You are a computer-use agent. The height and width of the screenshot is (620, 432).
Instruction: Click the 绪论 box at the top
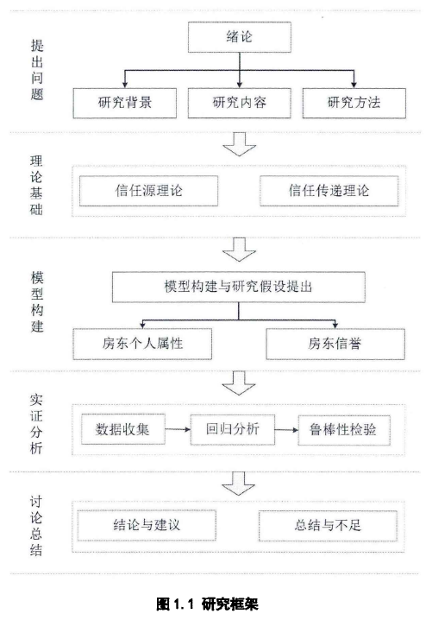(x=240, y=37)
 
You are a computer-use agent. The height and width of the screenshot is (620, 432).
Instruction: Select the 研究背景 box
(x=124, y=104)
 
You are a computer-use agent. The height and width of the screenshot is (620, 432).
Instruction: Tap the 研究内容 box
(x=240, y=104)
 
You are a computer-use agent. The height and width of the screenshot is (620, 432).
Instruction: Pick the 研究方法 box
(x=354, y=104)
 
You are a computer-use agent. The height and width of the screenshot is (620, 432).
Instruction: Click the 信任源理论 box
(x=148, y=191)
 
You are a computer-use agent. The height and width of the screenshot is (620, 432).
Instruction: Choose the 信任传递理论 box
(x=329, y=191)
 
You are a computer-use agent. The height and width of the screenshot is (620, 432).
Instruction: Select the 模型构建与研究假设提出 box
(x=239, y=287)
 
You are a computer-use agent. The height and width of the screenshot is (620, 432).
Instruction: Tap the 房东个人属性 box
(x=142, y=344)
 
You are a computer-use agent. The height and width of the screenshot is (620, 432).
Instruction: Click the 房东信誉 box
(x=335, y=344)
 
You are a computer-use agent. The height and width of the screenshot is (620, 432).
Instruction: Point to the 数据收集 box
(x=122, y=429)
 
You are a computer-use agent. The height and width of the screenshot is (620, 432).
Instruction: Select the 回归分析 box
(x=233, y=429)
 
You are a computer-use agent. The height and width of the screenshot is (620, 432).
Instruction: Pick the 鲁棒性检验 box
(x=344, y=430)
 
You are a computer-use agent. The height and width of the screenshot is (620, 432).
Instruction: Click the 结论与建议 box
(x=147, y=526)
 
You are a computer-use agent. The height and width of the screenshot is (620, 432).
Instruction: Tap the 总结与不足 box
(x=328, y=526)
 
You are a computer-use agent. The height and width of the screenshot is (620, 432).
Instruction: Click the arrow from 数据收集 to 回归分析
(x=178, y=429)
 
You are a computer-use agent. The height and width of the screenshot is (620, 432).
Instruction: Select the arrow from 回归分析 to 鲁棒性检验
(x=286, y=430)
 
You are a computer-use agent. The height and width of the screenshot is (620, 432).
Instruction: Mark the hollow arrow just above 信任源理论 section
(x=240, y=144)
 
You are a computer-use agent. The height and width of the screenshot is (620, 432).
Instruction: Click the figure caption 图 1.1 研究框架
(x=207, y=604)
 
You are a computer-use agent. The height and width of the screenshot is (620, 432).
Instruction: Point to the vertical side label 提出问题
(x=37, y=70)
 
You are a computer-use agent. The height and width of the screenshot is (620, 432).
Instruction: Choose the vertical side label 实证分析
(x=36, y=424)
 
